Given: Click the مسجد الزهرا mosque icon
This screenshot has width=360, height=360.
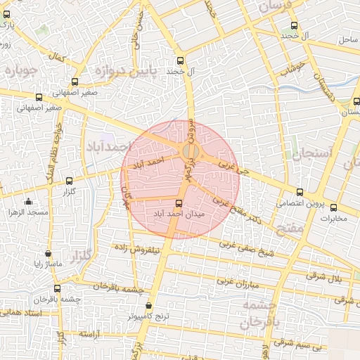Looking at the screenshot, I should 28,201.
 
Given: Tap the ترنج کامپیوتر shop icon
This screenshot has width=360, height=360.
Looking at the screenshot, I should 148,306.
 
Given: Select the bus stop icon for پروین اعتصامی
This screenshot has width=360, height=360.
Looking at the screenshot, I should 300,192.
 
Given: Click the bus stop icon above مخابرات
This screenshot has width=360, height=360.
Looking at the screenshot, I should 333,207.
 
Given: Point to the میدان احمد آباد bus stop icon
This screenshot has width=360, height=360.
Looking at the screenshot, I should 177,202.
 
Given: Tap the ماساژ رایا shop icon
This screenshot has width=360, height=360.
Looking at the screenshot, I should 48,253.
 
